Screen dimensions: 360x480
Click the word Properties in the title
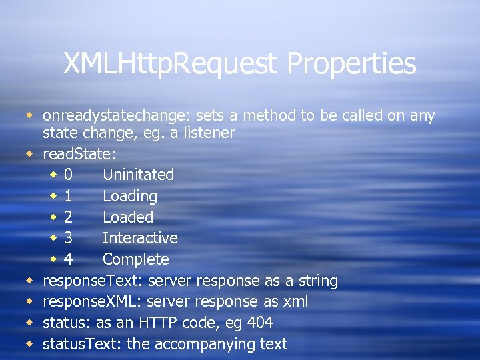351,64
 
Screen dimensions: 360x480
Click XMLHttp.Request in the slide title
171,64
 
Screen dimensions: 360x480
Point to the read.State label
79,154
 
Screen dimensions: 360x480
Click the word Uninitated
138,175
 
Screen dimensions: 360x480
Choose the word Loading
130,197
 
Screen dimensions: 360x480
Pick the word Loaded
128,217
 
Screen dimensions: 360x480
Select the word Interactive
140,239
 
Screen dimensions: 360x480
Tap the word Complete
136,259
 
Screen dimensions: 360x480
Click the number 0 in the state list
68,175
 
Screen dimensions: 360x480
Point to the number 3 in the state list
68,239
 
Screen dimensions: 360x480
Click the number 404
259,323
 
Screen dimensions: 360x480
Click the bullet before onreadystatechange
29,115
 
